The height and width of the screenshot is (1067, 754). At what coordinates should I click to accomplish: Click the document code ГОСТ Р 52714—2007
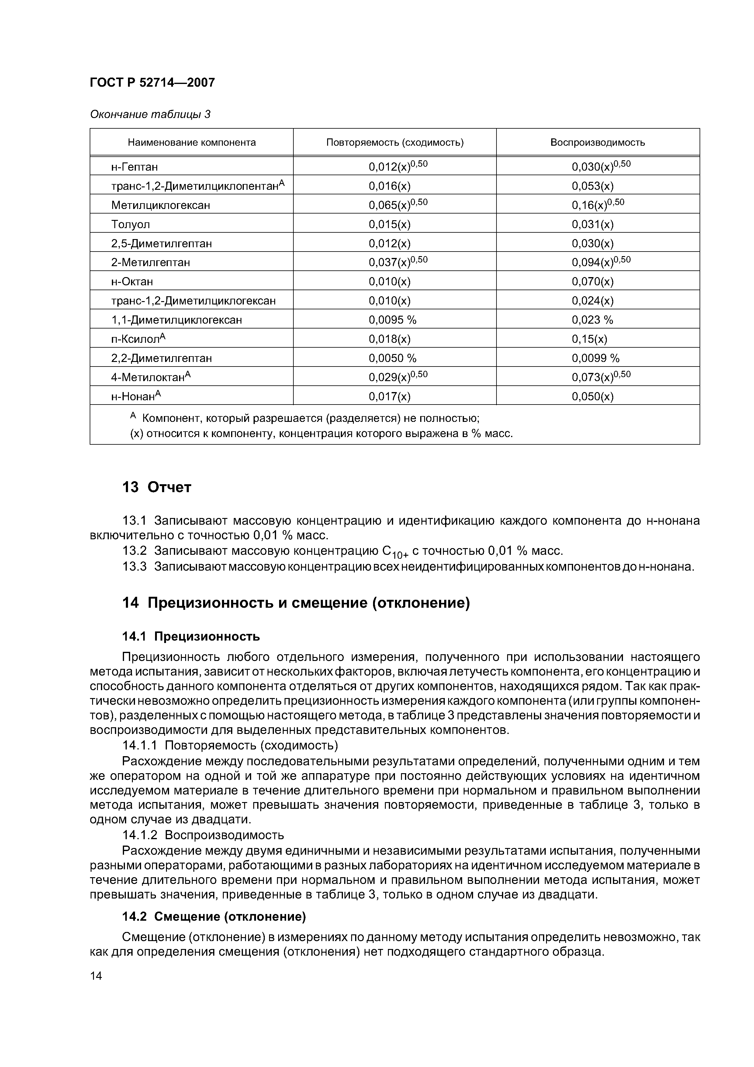[152, 83]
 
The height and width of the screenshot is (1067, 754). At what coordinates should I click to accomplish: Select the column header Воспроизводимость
[597, 142]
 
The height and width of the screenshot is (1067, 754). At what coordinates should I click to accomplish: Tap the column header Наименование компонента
[192, 142]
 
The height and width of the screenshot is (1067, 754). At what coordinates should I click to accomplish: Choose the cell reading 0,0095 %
[393, 320]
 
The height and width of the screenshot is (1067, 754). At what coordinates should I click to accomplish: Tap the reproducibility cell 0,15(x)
[589, 339]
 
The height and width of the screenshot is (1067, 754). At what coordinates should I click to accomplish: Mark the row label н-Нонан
[136, 396]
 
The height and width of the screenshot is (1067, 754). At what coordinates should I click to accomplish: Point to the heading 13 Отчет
[157, 488]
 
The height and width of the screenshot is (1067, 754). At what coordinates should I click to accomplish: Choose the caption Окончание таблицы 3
[150, 114]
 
